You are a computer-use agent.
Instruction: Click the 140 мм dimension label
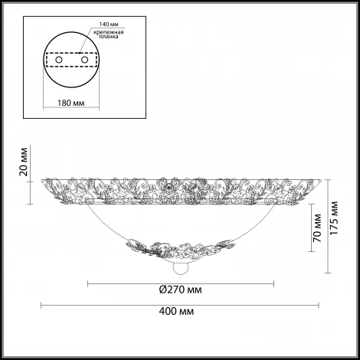pyautogui.click(x=109, y=25)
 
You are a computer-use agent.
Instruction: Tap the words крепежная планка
pyautogui.click(x=109, y=34)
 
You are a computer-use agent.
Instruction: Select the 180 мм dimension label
pyautogui.click(x=71, y=103)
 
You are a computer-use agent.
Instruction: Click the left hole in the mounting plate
pyautogui.click(x=59, y=60)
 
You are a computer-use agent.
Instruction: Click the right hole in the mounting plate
pyautogui.click(x=84, y=60)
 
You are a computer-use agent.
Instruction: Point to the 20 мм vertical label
pyautogui.click(x=24, y=162)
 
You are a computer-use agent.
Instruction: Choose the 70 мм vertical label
pyautogui.click(x=317, y=228)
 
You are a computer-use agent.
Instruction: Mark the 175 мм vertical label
pyautogui.click(x=334, y=218)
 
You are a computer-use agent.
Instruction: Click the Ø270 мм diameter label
pyautogui.click(x=181, y=290)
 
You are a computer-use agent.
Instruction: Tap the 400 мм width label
pyautogui.click(x=176, y=311)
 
